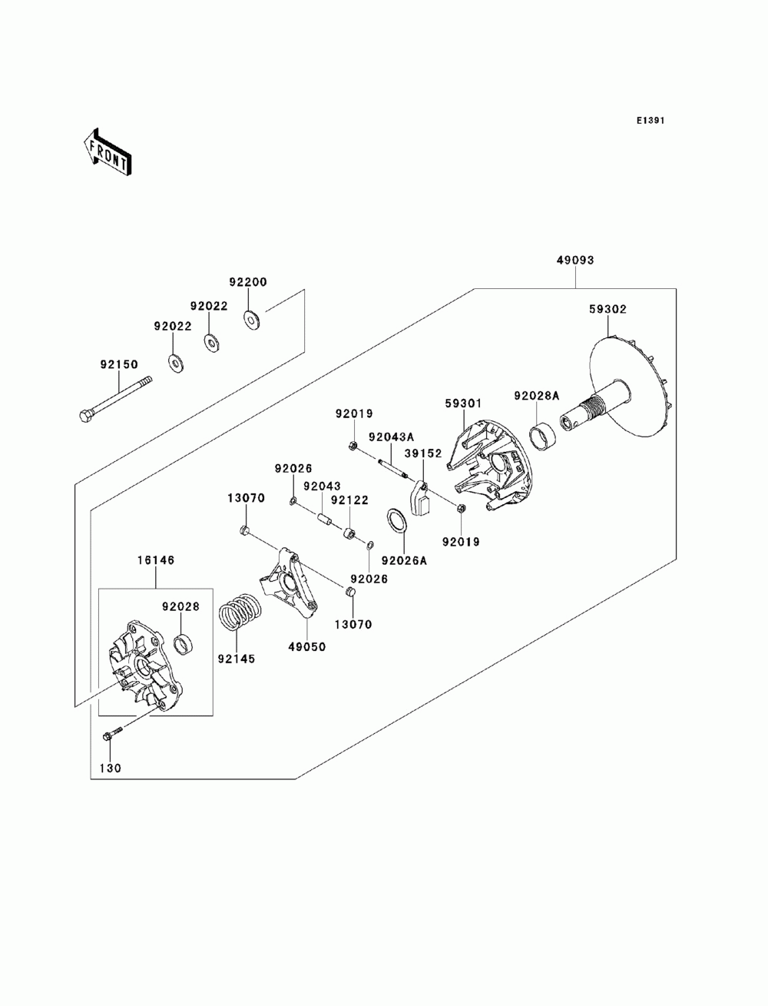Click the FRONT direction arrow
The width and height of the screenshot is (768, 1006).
pyautogui.click(x=108, y=152)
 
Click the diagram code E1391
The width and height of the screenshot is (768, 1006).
pyautogui.click(x=650, y=121)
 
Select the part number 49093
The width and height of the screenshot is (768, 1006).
pyautogui.click(x=574, y=260)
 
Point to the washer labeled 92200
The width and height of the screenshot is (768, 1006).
pyautogui.click(x=251, y=319)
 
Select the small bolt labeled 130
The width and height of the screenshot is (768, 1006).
pyautogui.click(x=111, y=733)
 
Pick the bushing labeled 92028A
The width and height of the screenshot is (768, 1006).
pyautogui.click(x=541, y=440)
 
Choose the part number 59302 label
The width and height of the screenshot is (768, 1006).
pyautogui.click(x=607, y=310)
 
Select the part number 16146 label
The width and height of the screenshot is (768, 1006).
pyautogui.click(x=156, y=560)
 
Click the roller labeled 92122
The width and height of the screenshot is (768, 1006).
pyautogui.click(x=350, y=534)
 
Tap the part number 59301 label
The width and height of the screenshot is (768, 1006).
pyautogui.click(x=463, y=403)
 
